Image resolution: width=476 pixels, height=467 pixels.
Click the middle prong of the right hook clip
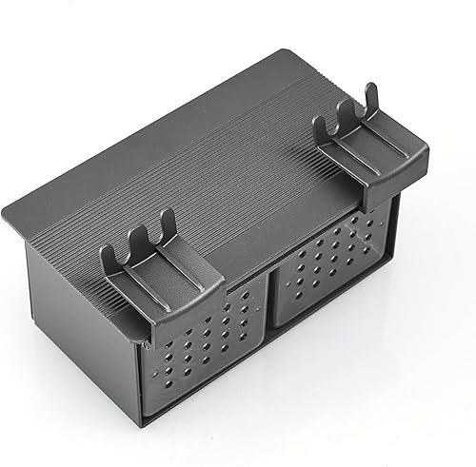(x=346, y=107)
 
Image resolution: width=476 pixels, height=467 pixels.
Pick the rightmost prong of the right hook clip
(x=373, y=93)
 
